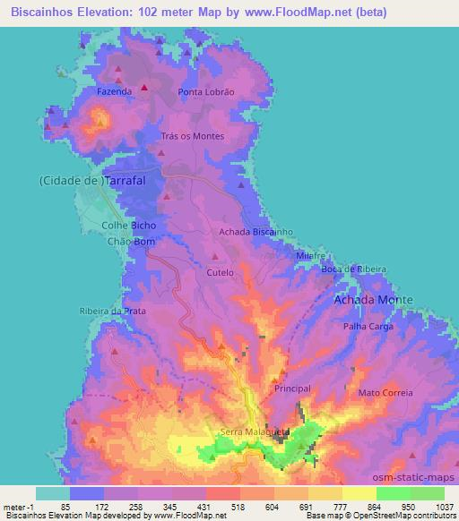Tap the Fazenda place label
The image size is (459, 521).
pos(115,91)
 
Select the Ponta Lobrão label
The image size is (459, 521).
pos(205,92)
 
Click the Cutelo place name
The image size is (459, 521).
pos(220,272)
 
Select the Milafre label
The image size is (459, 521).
pos(309,255)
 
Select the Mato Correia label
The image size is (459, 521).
pos(385,393)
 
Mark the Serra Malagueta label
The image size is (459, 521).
pos(255,431)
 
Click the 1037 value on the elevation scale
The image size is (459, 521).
pos(445,507)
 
